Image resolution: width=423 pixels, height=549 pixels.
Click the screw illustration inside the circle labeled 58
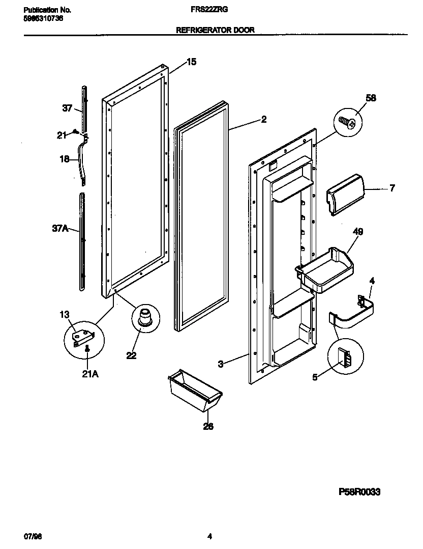point(347,122)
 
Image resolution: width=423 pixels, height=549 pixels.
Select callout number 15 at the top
point(191,62)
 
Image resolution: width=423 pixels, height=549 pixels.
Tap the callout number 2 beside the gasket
point(263,120)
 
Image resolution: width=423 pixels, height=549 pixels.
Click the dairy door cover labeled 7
point(344,194)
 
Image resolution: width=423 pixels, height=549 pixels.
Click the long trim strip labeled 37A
point(82,242)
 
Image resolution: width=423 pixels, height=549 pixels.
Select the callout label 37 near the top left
point(67,108)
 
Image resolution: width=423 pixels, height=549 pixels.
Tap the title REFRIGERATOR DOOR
point(215,30)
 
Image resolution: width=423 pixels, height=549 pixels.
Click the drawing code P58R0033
point(359,492)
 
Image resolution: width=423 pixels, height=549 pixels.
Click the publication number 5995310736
point(44,19)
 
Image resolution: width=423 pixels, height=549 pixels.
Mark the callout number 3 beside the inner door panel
point(220,364)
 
